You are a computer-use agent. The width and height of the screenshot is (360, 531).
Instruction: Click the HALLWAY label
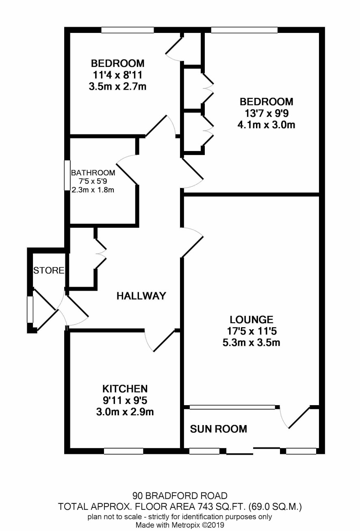(x=141, y=296)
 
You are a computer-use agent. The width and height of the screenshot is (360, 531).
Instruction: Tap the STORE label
(x=49, y=270)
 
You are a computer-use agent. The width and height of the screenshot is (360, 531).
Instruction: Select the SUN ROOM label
(x=218, y=429)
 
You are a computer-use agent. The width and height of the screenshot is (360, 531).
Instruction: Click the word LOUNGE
(x=252, y=319)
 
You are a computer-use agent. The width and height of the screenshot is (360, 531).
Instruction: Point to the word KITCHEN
(x=125, y=389)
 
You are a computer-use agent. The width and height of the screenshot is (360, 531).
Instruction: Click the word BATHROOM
(x=93, y=173)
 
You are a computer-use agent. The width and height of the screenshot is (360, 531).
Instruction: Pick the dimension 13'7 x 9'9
(x=267, y=113)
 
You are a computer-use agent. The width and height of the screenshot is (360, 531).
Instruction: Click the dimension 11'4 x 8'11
(x=117, y=75)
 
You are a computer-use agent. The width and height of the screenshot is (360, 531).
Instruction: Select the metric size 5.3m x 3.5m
(x=252, y=343)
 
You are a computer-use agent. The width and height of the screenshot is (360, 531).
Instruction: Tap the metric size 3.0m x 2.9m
(x=125, y=412)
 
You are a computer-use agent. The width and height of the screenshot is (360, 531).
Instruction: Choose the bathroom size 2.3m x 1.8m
(x=93, y=190)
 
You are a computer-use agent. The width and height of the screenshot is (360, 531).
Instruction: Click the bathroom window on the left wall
(x=67, y=175)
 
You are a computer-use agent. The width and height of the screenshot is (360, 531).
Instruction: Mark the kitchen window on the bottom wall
(x=124, y=451)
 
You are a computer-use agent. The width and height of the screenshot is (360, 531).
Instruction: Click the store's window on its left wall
(x=30, y=309)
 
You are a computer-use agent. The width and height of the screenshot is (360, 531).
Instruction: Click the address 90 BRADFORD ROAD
(x=180, y=495)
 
